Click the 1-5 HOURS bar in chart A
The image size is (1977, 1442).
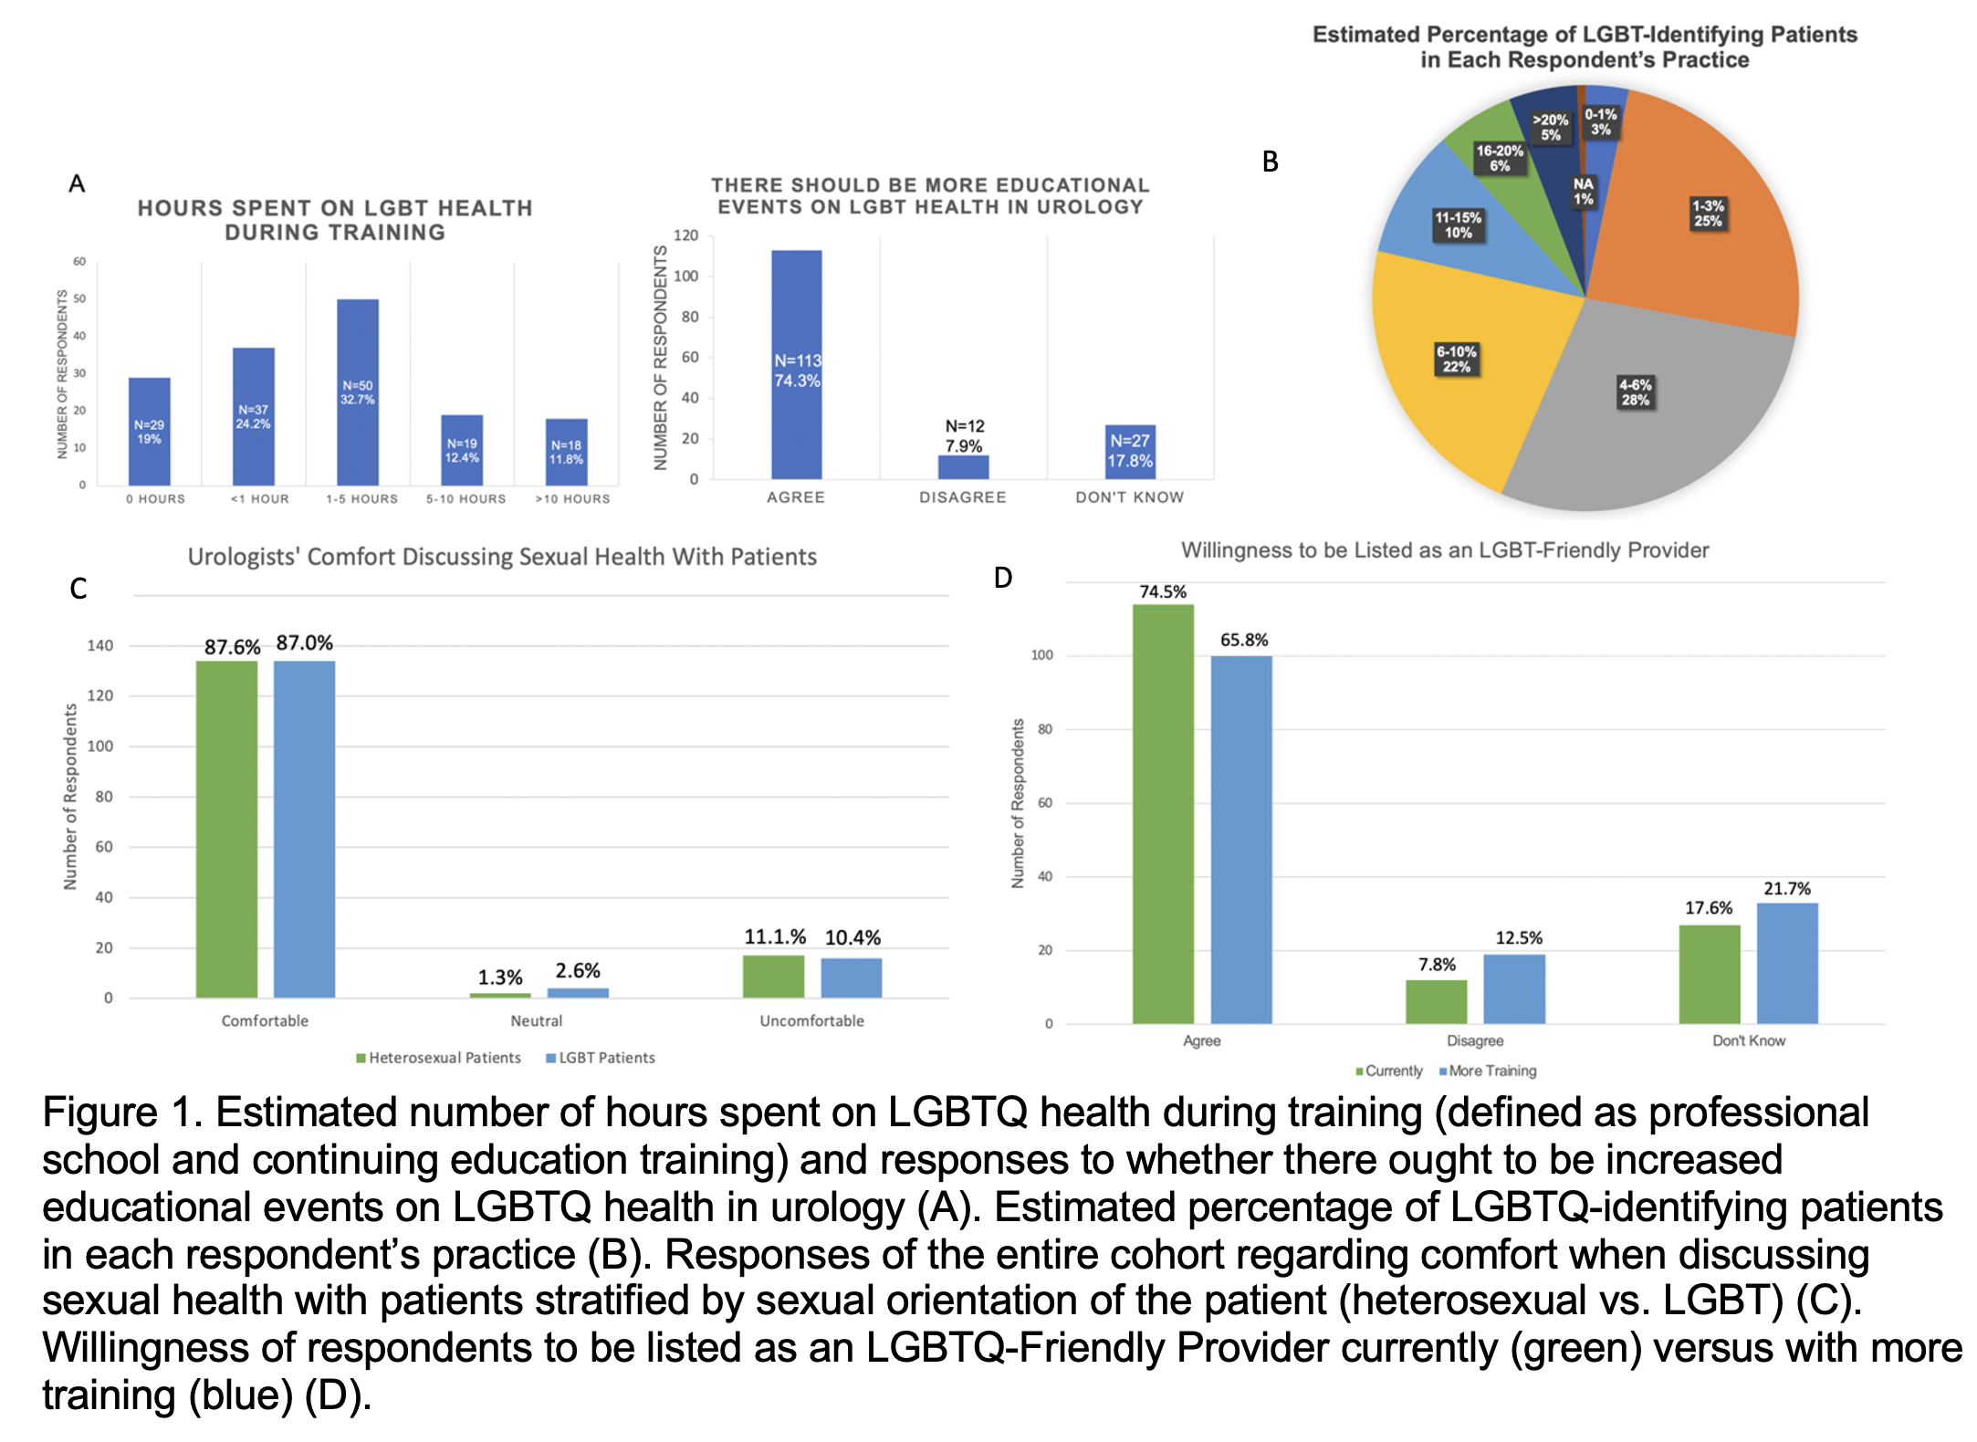point(357,392)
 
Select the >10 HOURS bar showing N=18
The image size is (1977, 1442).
point(566,452)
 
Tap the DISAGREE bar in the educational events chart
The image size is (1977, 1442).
point(963,467)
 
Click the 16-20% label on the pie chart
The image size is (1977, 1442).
point(1500,158)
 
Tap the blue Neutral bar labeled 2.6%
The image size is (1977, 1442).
point(578,992)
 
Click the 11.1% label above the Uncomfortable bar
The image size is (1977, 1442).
point(775,937)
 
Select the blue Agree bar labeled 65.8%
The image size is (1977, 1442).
point(1241,840)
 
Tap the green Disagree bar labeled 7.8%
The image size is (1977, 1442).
point(1436,1001)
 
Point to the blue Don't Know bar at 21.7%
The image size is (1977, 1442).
point(1787,963)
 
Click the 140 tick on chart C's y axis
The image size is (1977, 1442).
point(100,646)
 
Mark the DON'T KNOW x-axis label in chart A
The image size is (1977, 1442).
point(1129,497)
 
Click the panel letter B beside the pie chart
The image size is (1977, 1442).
point(1270,162)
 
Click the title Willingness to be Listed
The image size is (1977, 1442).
point(1444,550)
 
